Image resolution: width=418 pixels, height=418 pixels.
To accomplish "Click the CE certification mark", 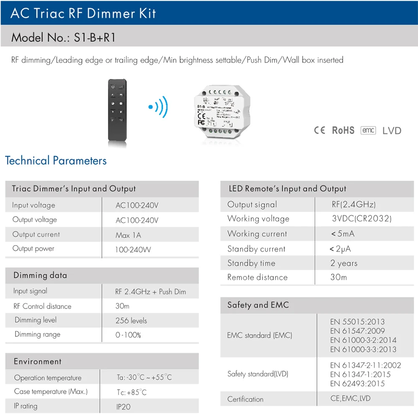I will coord(319,130).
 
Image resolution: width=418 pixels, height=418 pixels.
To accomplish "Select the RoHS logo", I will coord(343,130).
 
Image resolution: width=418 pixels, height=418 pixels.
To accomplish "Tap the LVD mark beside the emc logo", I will coord(392,131).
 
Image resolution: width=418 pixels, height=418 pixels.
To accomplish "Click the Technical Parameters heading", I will coord(56,161).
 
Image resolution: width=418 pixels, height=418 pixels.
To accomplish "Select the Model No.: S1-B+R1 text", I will coord(63,38).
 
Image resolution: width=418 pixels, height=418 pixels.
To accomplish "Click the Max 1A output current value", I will coord(128,235).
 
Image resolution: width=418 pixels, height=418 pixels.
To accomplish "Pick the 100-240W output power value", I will coord(133,250).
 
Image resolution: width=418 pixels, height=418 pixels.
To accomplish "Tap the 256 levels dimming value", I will coord(131,321).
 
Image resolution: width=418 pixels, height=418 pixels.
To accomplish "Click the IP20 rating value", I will coord(124,406).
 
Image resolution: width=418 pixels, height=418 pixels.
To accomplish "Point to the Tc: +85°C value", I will coord(131,393).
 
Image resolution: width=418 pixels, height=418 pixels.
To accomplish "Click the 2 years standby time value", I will coord(344,263).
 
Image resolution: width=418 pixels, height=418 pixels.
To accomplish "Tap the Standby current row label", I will coord(256,249).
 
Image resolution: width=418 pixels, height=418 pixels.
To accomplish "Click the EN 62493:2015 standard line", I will coord(357,384).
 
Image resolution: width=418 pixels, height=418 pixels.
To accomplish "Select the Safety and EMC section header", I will coord(258,305).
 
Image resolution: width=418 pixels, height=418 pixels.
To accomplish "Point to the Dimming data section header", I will coord(40,275).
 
